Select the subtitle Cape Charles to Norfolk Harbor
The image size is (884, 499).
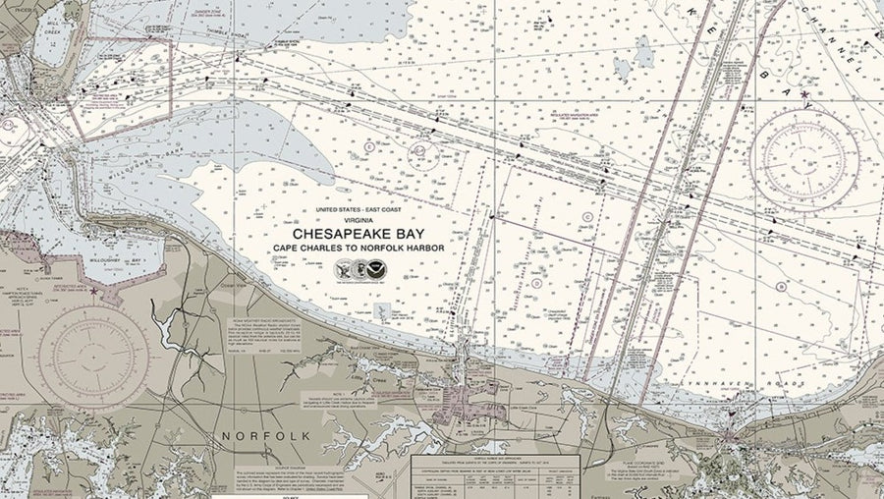(359, 249)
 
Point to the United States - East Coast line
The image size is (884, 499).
(359, 210)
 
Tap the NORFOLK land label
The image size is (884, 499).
(265, 434)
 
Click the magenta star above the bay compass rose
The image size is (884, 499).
(805, 94)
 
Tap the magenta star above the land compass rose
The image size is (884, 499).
(93, 291)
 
